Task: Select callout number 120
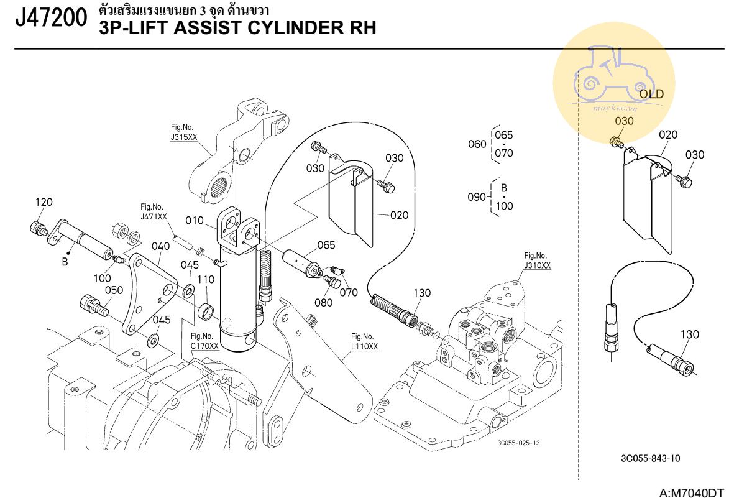click(x=44, y=202)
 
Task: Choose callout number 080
click(x=323, y=303)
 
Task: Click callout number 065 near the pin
click(x=326, y=245)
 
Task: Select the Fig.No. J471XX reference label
click(x=154, y=212)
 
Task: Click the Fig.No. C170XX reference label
click(x=204, y=341)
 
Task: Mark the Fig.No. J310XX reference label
click(x=537, y=261)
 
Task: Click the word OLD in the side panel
click(x=651, y=95)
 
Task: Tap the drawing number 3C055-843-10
click(x=650, y=459)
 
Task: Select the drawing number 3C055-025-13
click(x=518, y=443)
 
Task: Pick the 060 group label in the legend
click(x=476, y=144)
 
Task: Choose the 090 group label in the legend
click(x=476, y=196)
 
